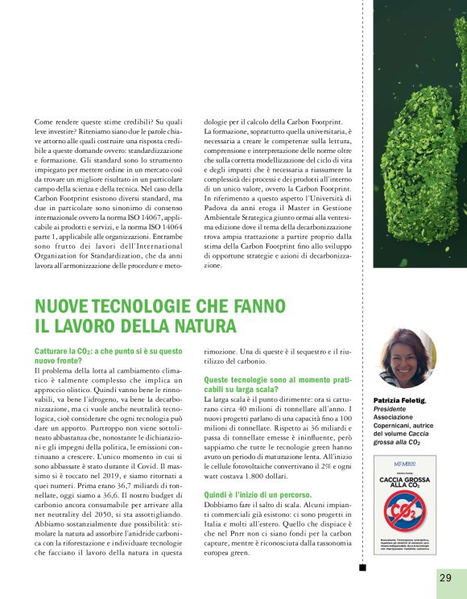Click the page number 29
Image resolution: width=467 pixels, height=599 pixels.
[x=445, y=577]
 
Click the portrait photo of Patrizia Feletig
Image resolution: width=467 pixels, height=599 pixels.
[x=404, y=359]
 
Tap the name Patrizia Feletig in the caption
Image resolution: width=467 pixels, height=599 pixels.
[x=399, y=401]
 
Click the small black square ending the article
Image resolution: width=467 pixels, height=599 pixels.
[x=363, y=567]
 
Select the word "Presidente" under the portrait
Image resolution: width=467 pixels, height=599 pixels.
[x=391, y=410]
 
